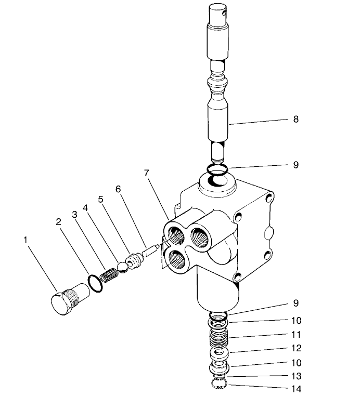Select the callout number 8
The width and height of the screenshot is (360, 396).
point(295,119)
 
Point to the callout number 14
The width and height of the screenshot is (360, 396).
point(297,389)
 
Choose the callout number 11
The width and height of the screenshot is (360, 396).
point(297,335)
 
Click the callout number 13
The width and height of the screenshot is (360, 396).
point(297,376)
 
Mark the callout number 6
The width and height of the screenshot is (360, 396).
point(118,189)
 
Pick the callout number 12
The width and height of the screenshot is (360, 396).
point(297,348)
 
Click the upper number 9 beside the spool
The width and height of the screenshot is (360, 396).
point(295,165)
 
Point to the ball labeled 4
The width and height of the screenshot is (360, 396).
point(122,266)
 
